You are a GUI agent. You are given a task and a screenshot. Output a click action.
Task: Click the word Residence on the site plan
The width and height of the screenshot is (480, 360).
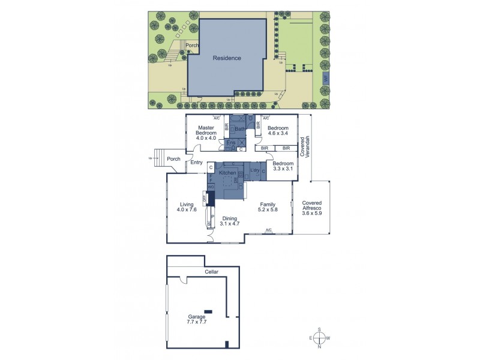(227, 58)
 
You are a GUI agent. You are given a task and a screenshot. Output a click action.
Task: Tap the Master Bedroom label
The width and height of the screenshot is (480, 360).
(206, 133)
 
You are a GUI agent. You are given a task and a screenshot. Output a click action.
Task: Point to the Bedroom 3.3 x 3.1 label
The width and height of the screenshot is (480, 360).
(283, 166)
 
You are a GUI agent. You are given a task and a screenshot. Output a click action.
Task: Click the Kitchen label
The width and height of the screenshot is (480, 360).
(228, 173)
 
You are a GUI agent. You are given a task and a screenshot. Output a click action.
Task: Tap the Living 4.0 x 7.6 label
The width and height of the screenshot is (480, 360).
(187, 207)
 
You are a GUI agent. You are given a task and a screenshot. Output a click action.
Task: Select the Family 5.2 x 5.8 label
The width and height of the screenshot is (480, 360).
(267, 208)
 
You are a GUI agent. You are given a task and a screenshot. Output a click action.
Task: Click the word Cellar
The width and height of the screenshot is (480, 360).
(211, 272)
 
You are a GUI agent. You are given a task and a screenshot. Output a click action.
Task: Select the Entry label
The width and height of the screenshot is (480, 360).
(196, 163)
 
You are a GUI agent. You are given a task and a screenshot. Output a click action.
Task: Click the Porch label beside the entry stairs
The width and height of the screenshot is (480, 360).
(173, 159)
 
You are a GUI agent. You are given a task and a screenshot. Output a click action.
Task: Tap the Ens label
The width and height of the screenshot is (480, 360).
(231, 143)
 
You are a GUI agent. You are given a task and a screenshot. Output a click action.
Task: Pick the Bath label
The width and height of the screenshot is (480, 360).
(239, 129)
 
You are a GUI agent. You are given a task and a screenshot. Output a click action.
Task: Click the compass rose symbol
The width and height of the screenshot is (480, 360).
(320, 338)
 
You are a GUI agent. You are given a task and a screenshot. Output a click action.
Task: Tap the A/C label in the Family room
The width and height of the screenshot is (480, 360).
(269, 230)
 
